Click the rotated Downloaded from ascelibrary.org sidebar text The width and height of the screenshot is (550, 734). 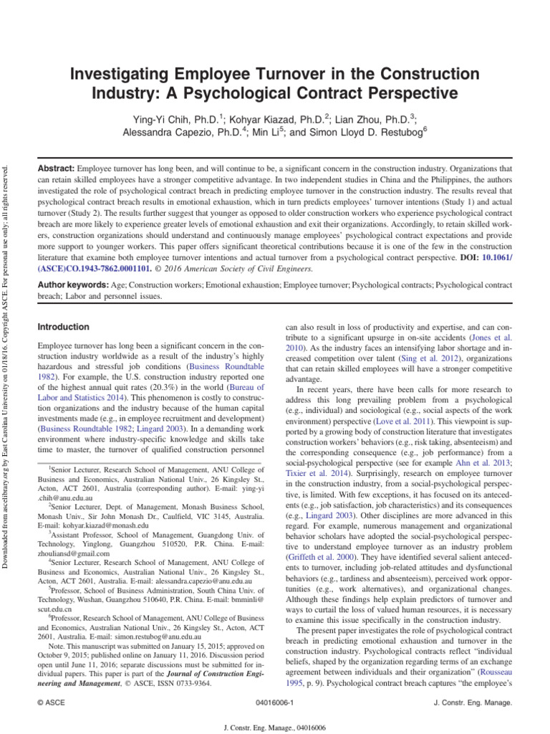click(x=7, y=358)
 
